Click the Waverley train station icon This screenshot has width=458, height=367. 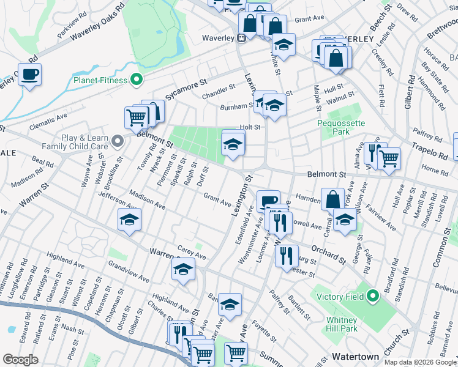[242, 37]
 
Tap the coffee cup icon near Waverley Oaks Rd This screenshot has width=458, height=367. [29, 75]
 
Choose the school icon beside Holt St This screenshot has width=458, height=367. [233, 144]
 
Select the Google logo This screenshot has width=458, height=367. [20, 360]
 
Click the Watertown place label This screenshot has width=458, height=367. [353, 355]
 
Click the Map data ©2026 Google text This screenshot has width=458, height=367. [419, 362]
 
